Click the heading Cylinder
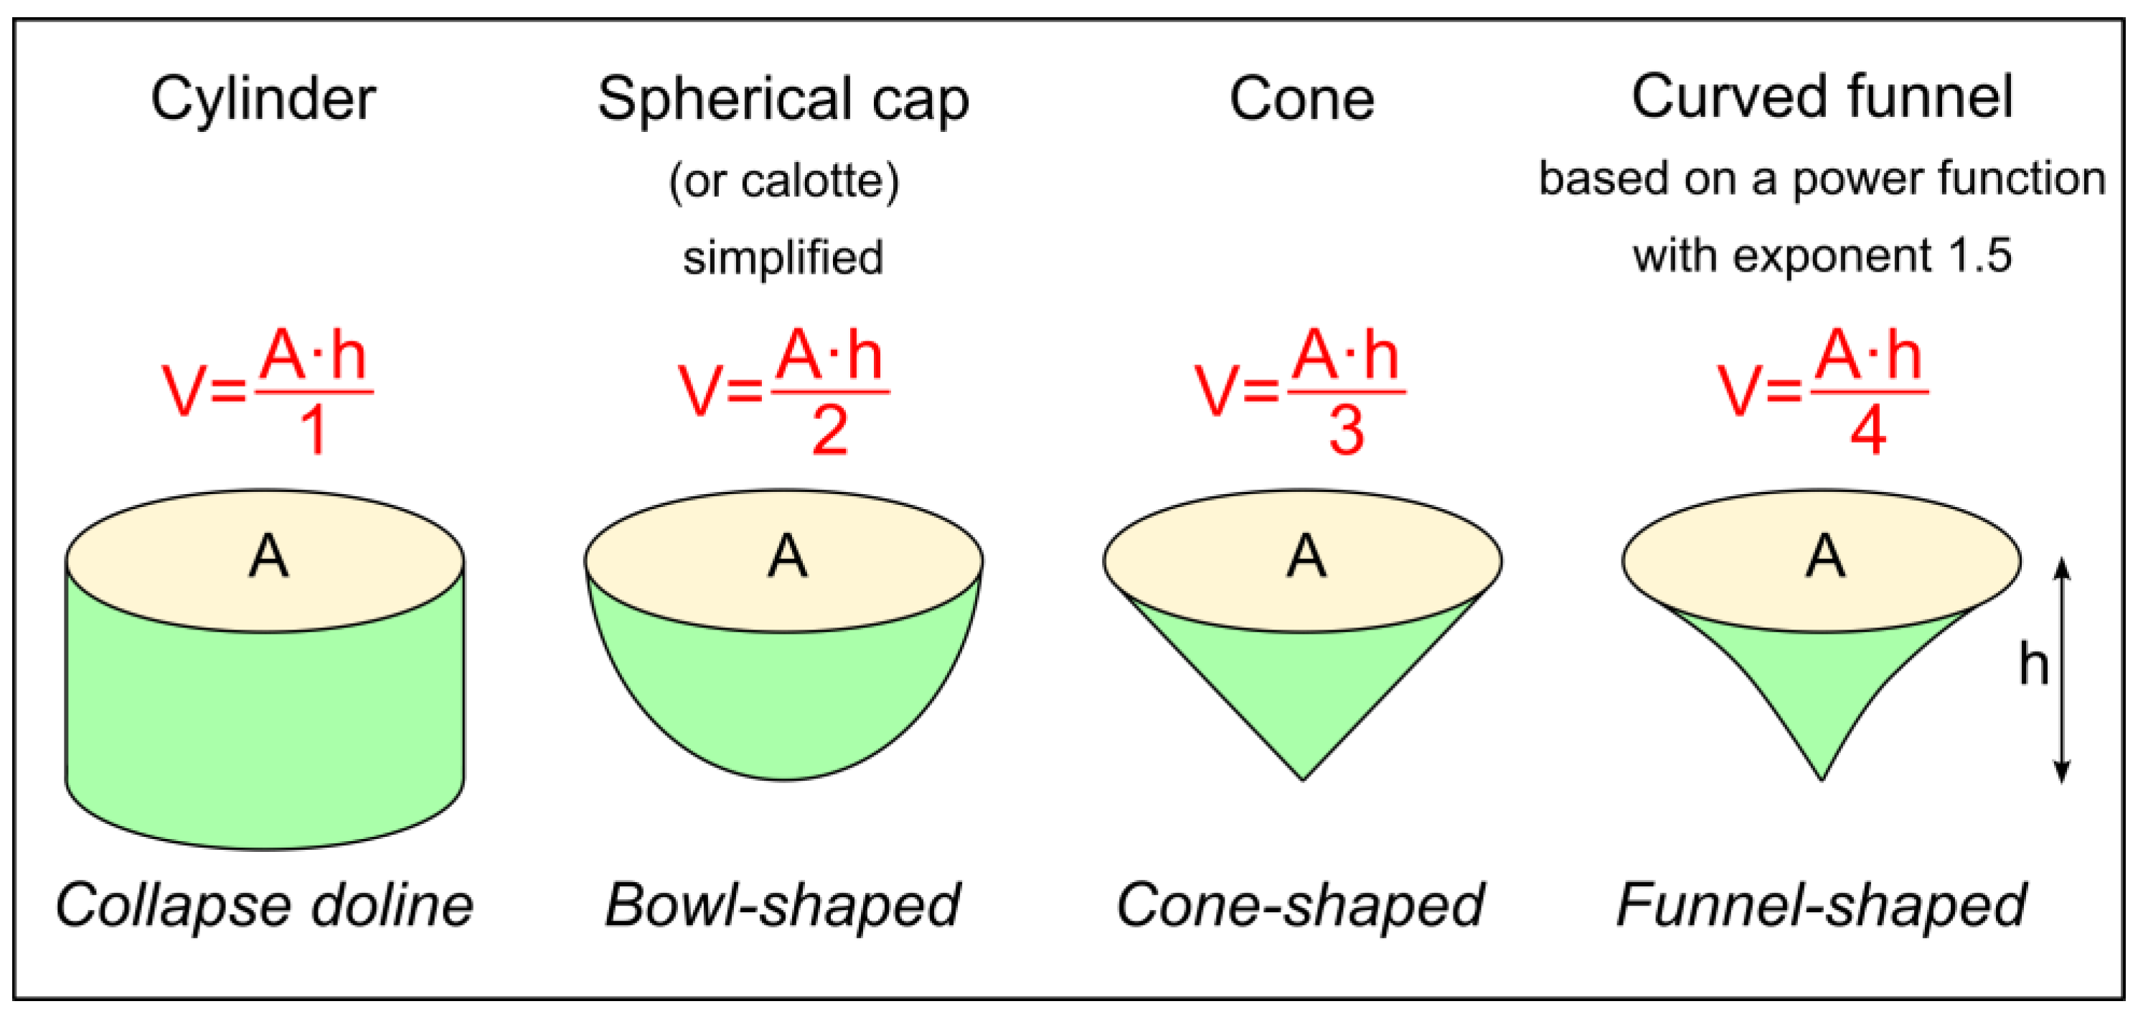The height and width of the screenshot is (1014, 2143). point(263,100)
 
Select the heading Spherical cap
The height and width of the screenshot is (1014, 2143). point(783,100)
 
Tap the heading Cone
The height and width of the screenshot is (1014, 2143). point(1302,100)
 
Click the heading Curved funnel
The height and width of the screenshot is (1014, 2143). point(1822,98)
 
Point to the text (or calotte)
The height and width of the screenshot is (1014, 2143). point(783,181)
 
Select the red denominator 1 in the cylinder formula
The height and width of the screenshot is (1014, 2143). point(314,431)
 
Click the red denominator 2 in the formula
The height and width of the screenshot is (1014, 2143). point(829,431)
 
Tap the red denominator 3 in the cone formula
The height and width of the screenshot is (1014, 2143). point(1346,431)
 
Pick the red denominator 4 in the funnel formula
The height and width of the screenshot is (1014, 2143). point(1868,431)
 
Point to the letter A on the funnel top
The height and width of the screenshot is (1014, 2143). point(1825,556)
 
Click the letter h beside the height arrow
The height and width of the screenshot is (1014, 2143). point(2033,665)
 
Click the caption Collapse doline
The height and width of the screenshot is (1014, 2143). point(265,905)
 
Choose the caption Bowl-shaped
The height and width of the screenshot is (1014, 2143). point(783,905)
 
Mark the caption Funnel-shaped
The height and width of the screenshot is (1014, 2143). point(1821,905)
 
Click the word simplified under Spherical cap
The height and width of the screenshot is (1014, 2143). point(783,257)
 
